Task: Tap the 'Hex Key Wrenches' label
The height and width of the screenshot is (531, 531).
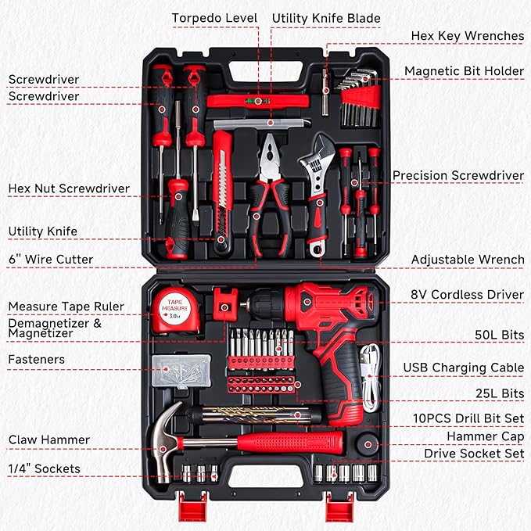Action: click(x=467, y=36)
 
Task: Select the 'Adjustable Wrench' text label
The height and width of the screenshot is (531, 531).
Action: click(x=468, y=259)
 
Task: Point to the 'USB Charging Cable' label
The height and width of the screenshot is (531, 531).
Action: click(x=463, y=367)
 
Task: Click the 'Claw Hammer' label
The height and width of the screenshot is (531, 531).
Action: click(x=48, y=440)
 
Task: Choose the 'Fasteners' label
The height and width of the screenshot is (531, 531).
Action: click(x=36, y=359)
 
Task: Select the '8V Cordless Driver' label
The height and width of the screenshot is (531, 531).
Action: click(x=468, y=295)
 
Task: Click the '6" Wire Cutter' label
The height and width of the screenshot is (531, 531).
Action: click(x=50, y=259)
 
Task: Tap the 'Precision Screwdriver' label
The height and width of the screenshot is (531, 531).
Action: click(x=457, y=175)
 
